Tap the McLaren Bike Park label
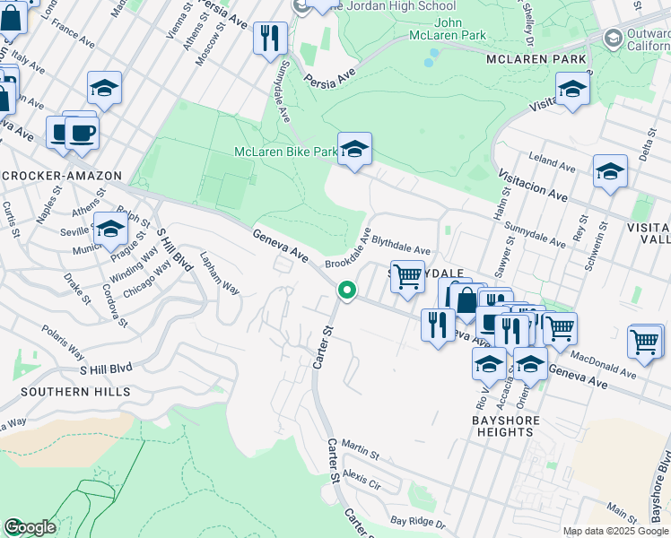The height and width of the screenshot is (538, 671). [285, 152]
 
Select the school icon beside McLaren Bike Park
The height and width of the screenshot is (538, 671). [354, 150]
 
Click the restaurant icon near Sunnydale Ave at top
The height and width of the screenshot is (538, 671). [269, 39]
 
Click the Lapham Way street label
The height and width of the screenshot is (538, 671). [219, 273]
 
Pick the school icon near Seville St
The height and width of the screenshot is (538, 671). [110, 230]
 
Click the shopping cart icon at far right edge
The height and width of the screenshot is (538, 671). [645, 342]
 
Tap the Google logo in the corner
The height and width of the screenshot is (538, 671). [30, 526]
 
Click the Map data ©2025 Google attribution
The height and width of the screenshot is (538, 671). [614, 531]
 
